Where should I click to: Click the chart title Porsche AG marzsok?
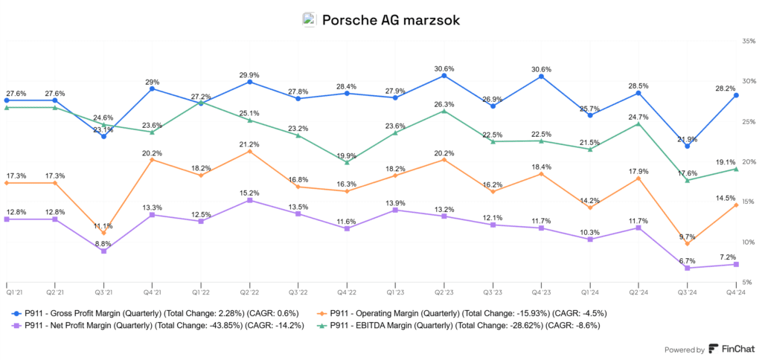tap(391, 20)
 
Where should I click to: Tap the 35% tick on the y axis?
tap(749, 42)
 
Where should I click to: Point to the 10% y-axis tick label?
tap(749, 242)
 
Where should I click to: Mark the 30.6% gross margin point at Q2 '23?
tap(444, 75)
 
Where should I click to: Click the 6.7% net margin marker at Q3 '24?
tap(688, 268)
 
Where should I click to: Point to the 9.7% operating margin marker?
tap(688, 244)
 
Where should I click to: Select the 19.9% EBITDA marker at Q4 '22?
tap(347, 162)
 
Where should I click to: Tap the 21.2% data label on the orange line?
tap(249, 144)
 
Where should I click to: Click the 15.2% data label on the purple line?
tap(249, 192)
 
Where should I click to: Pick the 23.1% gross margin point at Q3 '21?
tap(103, 136)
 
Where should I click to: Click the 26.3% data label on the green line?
tap(444, 104)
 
